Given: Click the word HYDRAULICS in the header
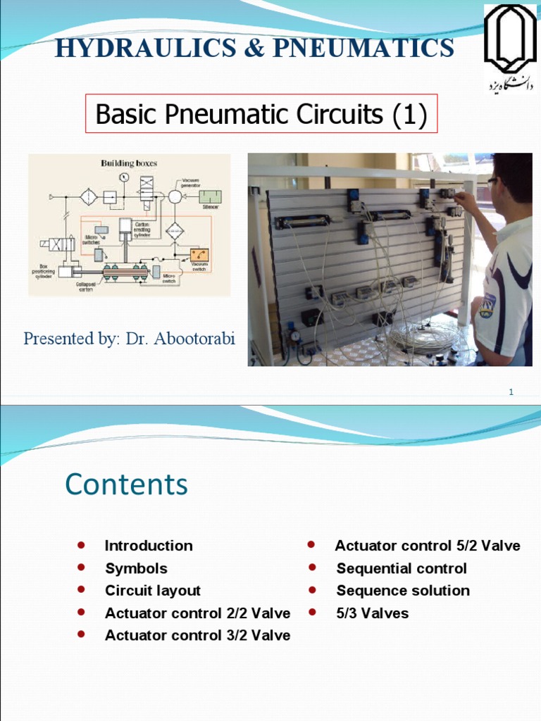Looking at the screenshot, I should coord(135,48).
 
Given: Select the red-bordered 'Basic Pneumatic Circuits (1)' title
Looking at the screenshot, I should coord(261,114).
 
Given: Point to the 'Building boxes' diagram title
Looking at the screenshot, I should coord(129,163).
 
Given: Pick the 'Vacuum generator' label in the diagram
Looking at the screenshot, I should coord(191,182).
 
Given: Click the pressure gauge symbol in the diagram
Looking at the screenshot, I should coord(124,177).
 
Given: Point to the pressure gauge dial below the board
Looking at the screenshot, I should coord(295,336).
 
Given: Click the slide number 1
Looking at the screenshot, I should coord(511,392).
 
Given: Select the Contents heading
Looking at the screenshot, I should coord(126,484).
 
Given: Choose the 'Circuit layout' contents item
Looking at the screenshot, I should coord(153,590).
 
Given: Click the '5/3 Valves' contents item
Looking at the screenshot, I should coord(372,613).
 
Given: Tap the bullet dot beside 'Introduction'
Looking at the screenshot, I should coord(81,545).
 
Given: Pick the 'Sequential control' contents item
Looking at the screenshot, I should coord(402,568).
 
